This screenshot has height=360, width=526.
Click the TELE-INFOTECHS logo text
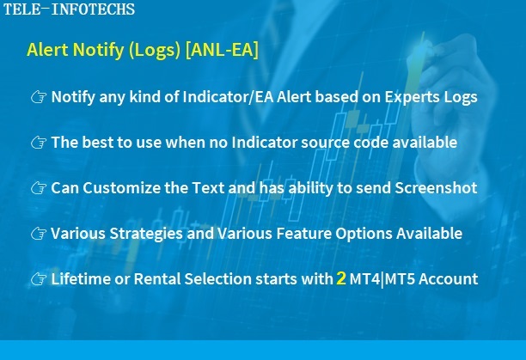69,9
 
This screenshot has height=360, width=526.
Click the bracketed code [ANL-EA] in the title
222,50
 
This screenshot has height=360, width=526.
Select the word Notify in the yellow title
98,50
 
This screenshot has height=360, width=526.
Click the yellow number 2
341,278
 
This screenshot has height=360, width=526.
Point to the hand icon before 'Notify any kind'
39,98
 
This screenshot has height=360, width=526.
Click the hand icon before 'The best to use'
39,143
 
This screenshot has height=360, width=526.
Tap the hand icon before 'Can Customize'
39,188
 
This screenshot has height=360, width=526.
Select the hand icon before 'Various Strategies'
39,234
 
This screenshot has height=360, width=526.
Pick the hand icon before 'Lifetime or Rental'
39,279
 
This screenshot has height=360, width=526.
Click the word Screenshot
436,187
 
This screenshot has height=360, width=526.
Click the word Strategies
146,234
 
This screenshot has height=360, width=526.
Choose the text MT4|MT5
382,279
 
